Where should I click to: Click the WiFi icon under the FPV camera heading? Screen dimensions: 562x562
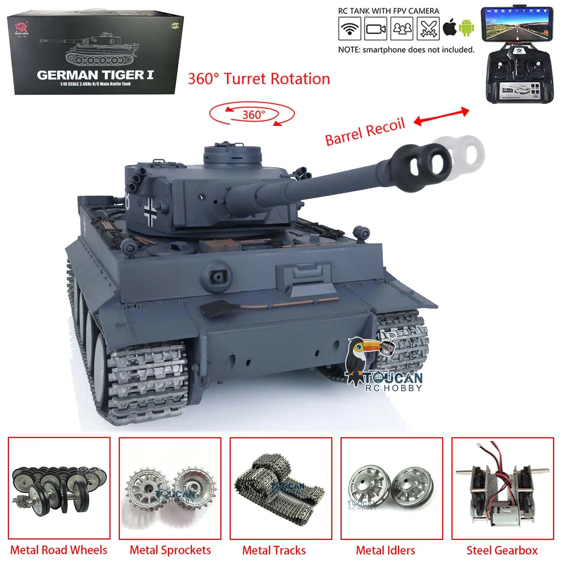coord(349,28)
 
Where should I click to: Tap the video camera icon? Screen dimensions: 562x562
coord(376,28)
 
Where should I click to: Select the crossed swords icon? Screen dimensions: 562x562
coord(429,28)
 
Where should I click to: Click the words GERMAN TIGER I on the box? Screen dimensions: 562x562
coord(95,75)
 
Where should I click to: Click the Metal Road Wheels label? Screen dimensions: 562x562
coord(59,550)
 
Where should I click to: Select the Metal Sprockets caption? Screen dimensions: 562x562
coord(170,550)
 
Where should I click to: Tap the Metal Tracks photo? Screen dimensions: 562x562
coord(281,489)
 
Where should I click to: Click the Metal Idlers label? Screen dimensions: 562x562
coord(385,550)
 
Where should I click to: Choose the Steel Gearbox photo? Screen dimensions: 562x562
coord(502,489)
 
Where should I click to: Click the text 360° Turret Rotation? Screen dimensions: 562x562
coord(259,79)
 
